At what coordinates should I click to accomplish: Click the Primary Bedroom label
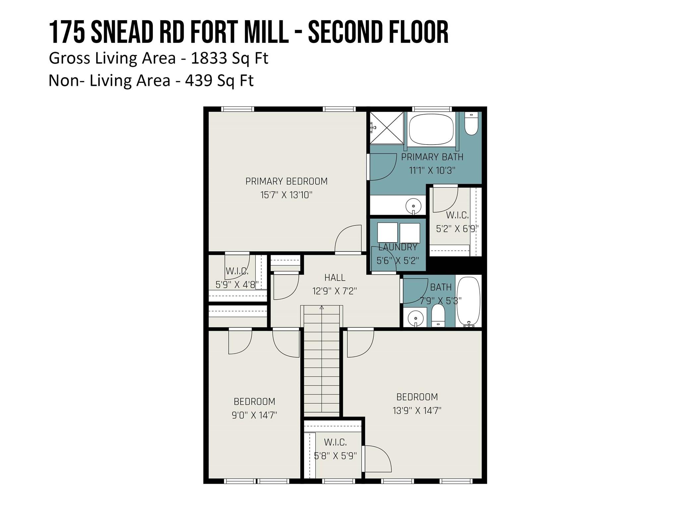tap(286, 181)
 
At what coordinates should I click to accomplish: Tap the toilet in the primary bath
tap(471, 124)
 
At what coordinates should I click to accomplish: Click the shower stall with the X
tap(387, 128)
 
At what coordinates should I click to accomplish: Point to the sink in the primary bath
tap(413, 206)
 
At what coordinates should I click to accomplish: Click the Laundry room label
tap(398, 247)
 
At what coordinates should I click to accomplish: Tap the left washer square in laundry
tap(387, 233)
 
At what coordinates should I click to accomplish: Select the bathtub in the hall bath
tap(468, 301)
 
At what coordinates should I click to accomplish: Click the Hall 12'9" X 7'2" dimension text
tap(335, 291)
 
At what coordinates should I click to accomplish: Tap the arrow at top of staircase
tap(321, 308)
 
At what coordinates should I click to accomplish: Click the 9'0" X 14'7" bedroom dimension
tap(254, 415)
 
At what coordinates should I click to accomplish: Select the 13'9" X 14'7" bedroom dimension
tap(417, 411)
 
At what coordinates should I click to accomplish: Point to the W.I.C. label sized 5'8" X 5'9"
tap(335, 442)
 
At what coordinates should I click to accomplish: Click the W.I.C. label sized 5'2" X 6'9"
tap(457, 215)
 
